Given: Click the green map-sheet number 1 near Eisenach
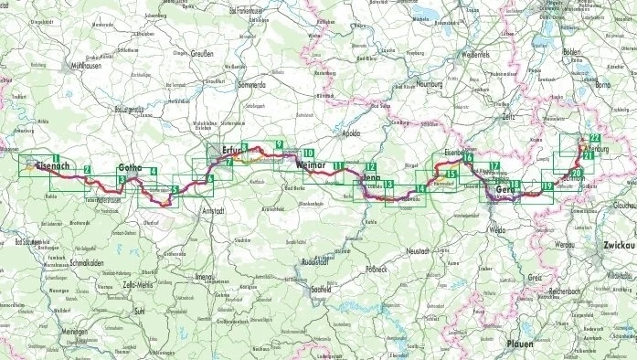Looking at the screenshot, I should (57, 160).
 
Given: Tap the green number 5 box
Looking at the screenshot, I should (175, 191).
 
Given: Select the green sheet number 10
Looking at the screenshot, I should (309, 154).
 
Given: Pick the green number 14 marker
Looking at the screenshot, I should (419, 188).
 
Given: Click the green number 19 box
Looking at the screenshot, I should (547, 187).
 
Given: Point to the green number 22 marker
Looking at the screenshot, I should (595, 137).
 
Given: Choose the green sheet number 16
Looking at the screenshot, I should (468, 158).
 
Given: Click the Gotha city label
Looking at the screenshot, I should (133, 167).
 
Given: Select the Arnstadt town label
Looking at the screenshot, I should (217, 210).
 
